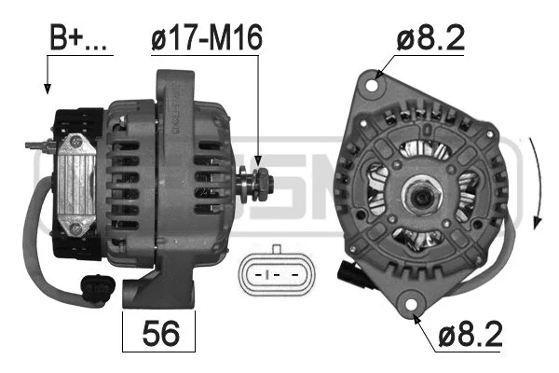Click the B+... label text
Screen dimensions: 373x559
click(77, 38)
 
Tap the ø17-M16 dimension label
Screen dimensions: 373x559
click(206, 38)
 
